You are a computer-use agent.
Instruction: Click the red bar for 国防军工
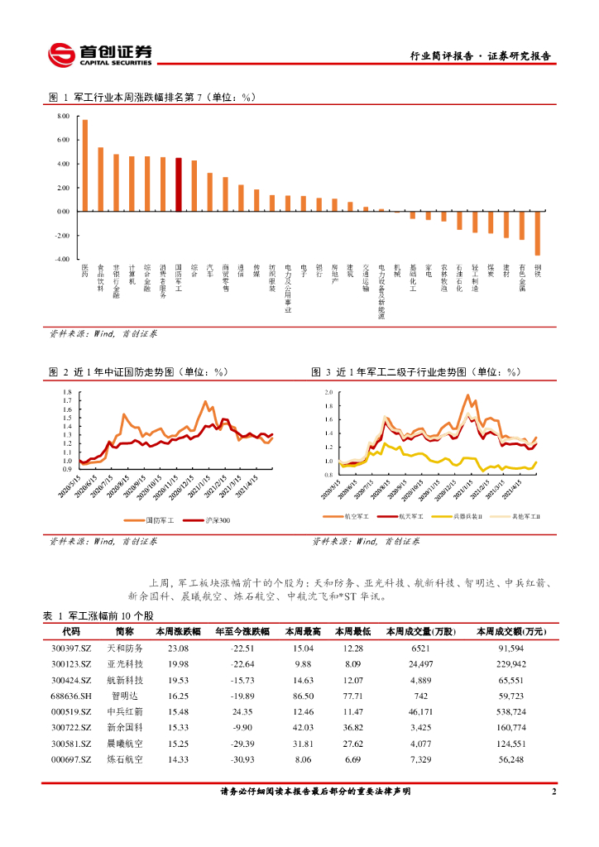[x=179, y=184]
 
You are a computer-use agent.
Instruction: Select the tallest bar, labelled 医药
[x=84, y=165]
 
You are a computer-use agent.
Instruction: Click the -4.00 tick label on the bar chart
[x=63, y=259]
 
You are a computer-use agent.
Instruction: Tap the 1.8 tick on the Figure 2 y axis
[x=67, y=391]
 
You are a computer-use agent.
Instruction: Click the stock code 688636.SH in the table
[x=70, y=696]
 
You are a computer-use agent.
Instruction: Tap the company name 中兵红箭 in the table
[x=126, y=711]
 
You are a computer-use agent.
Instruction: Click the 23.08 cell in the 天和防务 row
[x=178, y=648]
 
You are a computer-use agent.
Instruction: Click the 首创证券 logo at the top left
[x=100, y=54]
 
